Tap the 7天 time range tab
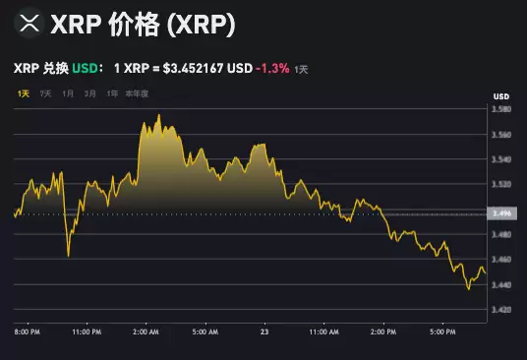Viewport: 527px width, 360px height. (x=46, y=93)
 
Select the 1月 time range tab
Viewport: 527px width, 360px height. (x=68, y=93)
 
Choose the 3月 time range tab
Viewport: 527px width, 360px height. (x=90, y=93)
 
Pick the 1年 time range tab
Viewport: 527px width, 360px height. (x=113, y=93)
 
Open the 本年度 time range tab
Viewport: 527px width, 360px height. (x=139, y=93)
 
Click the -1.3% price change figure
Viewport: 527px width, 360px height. (x=272, y=69)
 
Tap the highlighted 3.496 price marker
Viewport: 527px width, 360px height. (x=501, y=213)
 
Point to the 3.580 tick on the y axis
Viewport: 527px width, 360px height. (x=501, y=109)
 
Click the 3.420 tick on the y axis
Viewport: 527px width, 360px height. (x=501, y=310)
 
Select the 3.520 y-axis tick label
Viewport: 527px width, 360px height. (x=501, y=184)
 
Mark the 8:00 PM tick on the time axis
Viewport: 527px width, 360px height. (x=27, y=332)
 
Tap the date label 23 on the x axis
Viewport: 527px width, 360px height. (x=263, y=332)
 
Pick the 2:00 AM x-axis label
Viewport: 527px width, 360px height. (x=146, y=332)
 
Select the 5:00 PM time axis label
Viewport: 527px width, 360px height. (x=442, y=332)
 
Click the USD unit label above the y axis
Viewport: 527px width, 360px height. (x=500, y=95)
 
